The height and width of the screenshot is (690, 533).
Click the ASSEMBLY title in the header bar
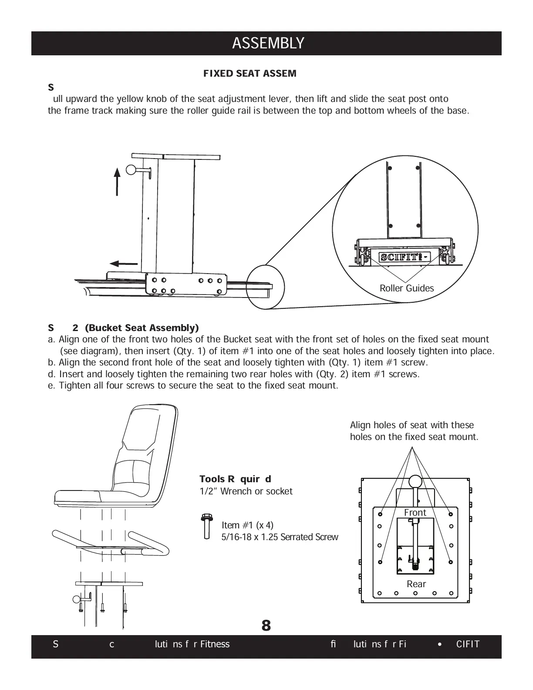tap(268, 44)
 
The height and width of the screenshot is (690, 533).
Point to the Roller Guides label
tap(407, 288)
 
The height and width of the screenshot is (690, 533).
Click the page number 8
tap(266, 626)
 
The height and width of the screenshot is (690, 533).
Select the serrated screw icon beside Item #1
tap(206, 526)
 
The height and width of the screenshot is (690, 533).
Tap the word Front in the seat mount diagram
tap(415, 513)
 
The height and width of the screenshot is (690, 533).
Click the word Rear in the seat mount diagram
tap(416, 584)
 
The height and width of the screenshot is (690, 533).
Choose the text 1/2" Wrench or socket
tap(246, 491)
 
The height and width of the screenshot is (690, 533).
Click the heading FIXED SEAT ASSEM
tap(250, 74)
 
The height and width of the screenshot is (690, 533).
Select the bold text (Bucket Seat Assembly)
tap(142, 328)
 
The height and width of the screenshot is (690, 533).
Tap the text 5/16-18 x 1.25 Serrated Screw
tap(280, 537)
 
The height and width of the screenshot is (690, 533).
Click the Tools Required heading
tap(235, 479)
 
